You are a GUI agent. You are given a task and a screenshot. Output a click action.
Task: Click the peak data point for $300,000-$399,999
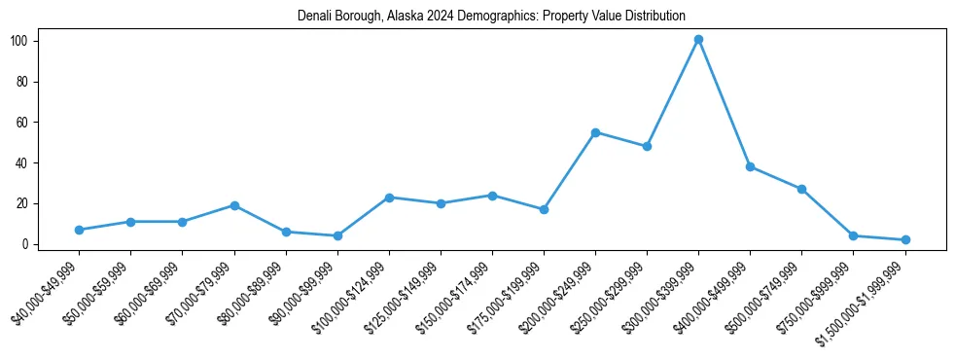(x=698, y=40)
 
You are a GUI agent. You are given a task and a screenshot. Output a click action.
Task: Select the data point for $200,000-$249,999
(x=595, y=132)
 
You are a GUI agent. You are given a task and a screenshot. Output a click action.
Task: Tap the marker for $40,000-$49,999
(x=79, y=230)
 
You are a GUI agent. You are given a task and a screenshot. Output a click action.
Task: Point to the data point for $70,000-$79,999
(x=234, y=205)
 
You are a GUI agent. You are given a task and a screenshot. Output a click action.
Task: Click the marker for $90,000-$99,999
(x=337, y=235)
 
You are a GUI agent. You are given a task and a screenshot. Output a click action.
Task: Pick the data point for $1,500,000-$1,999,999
(x=905, y=239)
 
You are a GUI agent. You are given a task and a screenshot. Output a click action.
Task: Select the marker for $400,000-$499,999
(x=750, y=166)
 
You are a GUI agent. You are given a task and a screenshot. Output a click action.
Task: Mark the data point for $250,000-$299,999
(x=647, y=146)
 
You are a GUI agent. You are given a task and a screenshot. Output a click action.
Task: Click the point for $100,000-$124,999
(x=389, y=198)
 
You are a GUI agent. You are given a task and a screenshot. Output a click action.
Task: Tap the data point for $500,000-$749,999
(x=801, y=189)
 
